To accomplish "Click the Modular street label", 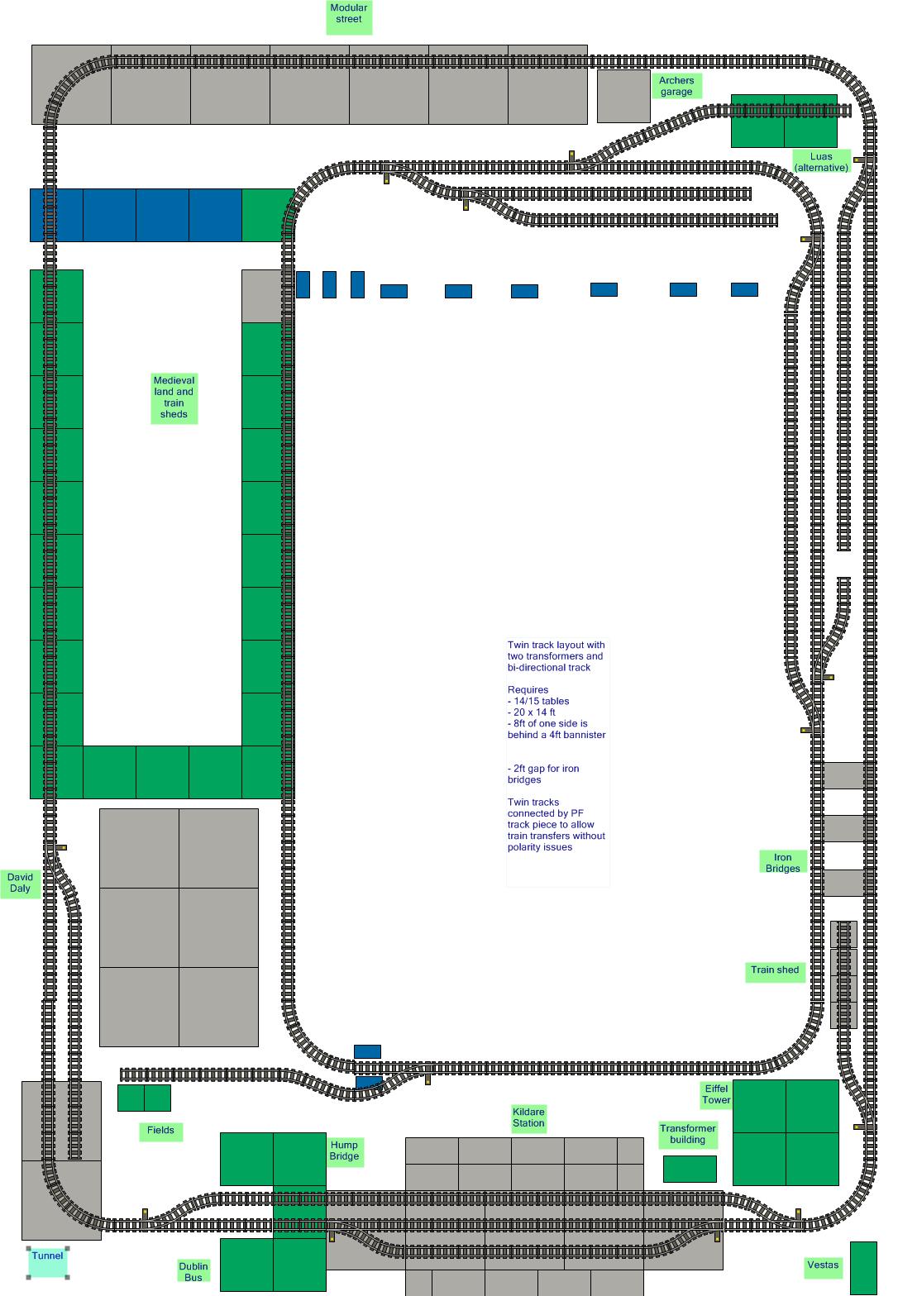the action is (349, 17).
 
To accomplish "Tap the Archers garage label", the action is (676, 86).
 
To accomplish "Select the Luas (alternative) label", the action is (821, 162).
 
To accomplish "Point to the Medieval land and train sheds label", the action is (174, 398).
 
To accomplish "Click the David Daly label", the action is (20, 883).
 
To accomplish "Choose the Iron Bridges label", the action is (782, 863).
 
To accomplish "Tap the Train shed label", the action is (775, 970).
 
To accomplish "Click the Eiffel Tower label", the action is (716, 1094).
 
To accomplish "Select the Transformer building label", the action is (688, 1134).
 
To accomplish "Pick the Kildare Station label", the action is (528, 1117).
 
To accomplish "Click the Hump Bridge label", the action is (344, 1151).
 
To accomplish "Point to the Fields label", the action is (160, 1131).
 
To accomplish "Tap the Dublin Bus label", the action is (193, 1272).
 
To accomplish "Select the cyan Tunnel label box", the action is (47, 1262).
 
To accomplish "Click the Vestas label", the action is (823, 1265).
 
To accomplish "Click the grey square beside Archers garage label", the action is (623, 96).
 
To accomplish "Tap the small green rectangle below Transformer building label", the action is (690, 1169).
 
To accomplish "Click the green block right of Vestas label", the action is (863, 1268).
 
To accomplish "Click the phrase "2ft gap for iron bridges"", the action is (543, 774).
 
